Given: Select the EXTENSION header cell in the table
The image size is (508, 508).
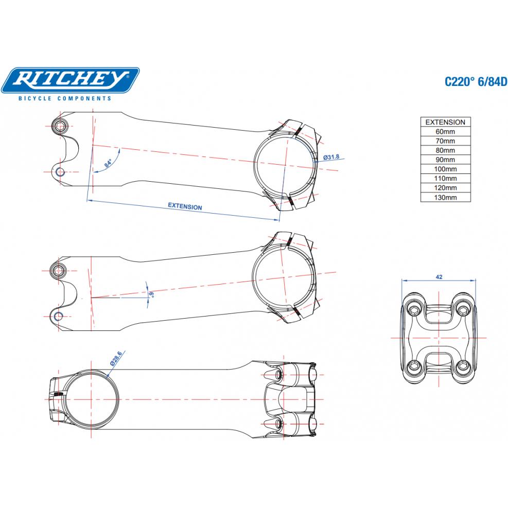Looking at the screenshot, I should pos(445,122).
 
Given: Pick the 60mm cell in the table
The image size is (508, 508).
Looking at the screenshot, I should pos(445,132).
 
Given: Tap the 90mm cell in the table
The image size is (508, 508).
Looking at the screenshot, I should pos(445,160).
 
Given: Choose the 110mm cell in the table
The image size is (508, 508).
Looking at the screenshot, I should pos(445,179).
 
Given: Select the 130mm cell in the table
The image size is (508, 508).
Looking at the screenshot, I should pos(445,197).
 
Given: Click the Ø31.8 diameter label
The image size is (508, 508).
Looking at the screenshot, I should pos(331,157).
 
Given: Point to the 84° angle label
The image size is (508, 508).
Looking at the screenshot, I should pos(108,164).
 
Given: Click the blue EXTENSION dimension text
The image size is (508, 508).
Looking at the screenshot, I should pos(185,206).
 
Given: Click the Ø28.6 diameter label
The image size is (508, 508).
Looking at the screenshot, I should pos(116,358).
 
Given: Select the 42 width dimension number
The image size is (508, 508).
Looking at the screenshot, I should pos(439,276).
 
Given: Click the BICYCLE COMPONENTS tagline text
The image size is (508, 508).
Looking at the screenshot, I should pos(64,98).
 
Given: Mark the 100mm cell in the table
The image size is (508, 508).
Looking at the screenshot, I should pos(445,169).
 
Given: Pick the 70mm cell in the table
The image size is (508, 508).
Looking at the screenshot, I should pos(445,141).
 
